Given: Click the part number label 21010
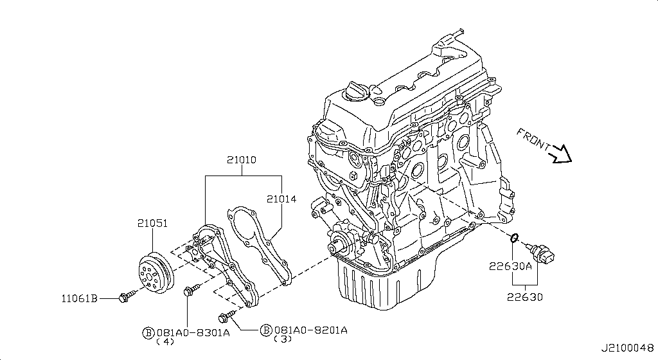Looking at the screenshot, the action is point(242,160).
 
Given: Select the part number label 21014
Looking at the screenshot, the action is point(281,199).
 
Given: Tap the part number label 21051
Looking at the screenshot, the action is point(152,223).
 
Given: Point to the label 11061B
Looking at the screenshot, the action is point(80,298).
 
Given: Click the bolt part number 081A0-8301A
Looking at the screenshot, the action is point(193,333).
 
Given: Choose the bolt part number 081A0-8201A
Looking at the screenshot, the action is point(310,330).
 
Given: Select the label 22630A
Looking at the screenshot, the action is point(510,266).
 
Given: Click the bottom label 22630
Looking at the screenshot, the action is point(524,297).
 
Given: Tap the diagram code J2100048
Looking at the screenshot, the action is point(628,348).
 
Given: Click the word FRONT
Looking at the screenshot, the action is point(533,139).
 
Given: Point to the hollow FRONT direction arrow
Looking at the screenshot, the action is point(560,154).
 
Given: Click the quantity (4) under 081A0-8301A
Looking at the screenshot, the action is point(165,341).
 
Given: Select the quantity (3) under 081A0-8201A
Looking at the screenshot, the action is point(283,339).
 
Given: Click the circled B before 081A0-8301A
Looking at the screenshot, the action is point(148,333).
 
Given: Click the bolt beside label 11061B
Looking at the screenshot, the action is point(127,296).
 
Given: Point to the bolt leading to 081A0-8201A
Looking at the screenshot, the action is point(227,316).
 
